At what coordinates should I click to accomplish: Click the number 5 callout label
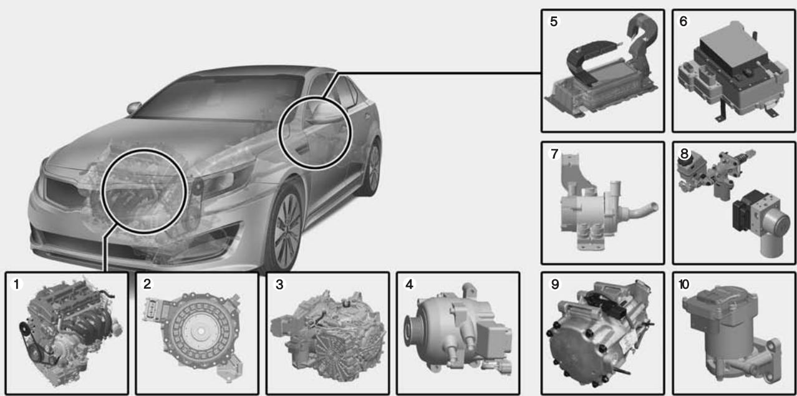coord(554,21)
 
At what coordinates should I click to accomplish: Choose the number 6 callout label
coord(684,21)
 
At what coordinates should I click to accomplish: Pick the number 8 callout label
coord(684,153)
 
